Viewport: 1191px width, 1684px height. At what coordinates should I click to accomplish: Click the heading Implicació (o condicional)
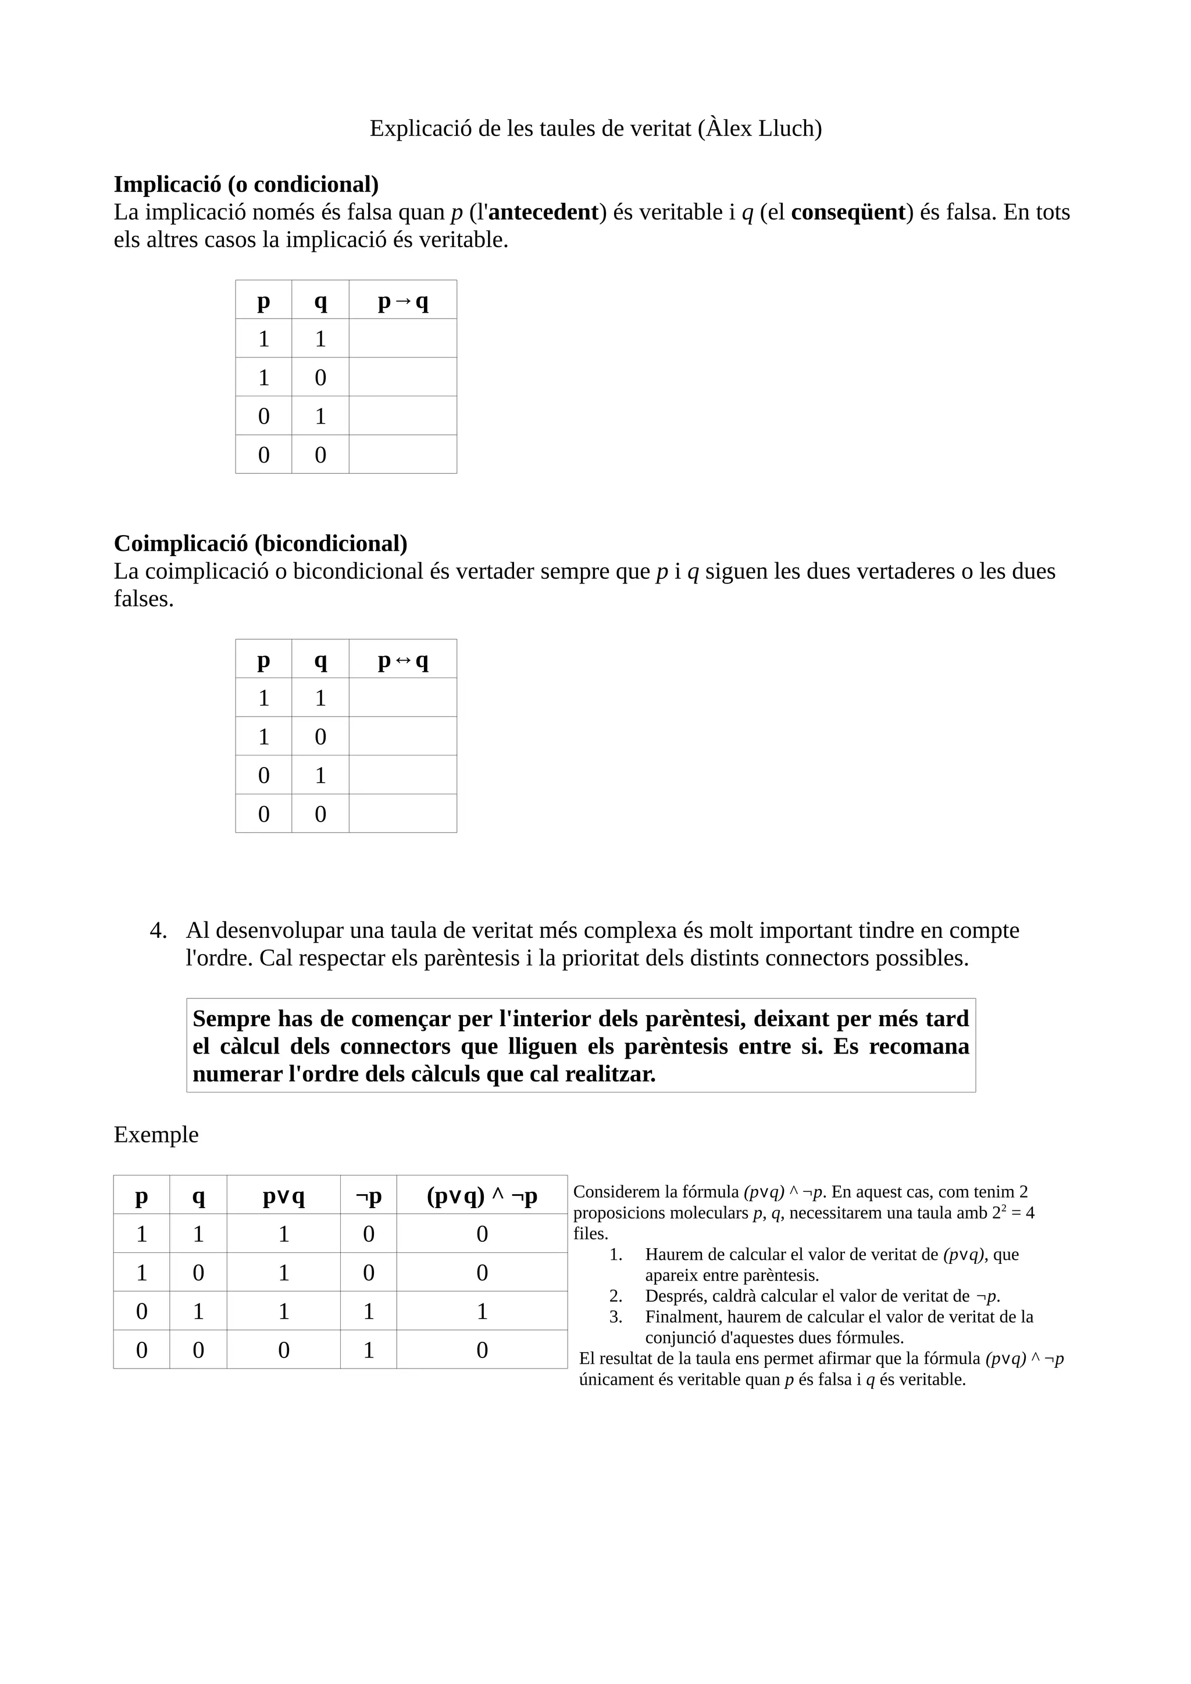click(x=246, y=184)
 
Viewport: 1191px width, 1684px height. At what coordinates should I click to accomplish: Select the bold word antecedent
click(x=543, y=212)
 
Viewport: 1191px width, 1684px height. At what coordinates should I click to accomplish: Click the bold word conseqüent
click(x=847, y=212)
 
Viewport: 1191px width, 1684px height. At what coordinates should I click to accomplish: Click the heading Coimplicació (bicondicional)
click(x=261, y=543)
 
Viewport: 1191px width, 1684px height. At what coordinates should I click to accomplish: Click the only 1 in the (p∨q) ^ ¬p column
click(x=482, y=1311)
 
